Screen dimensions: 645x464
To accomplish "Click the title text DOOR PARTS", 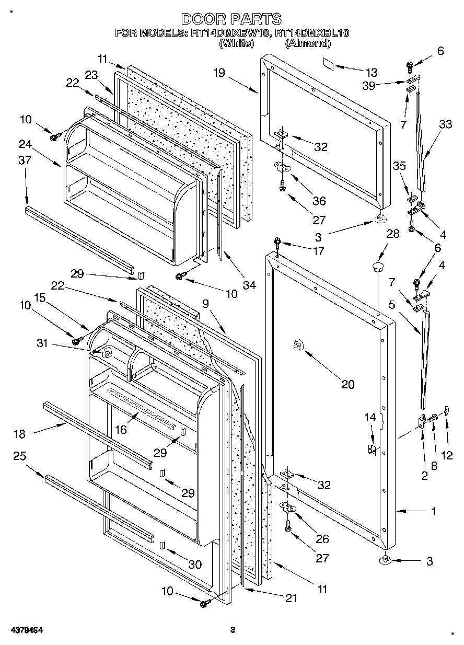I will click(231, 19).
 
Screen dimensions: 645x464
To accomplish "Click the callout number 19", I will click(218, 73).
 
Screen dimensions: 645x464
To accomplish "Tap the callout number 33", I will click(445, 124).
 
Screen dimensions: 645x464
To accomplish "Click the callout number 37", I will click(25, 160).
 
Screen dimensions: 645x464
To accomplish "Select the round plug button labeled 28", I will click(377, 268).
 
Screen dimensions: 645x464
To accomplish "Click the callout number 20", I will click(347, 385).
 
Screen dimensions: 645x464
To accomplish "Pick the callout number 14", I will click(370, 417).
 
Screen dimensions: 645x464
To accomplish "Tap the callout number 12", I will click(447, 455).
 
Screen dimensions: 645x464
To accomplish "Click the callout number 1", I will click(433, 512).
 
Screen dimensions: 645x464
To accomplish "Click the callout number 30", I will click(194, 565).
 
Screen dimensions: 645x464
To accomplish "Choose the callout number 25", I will click(19, 456).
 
